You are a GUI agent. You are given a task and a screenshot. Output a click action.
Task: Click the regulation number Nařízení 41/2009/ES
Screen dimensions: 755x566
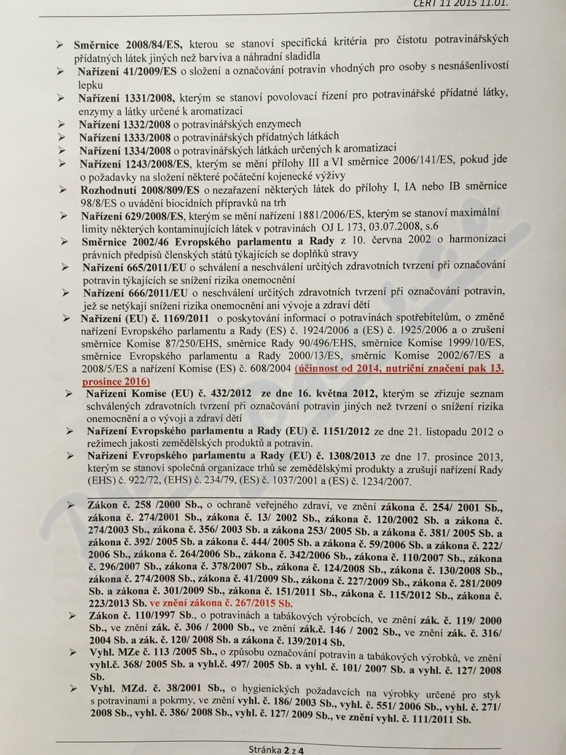tap(127, 73)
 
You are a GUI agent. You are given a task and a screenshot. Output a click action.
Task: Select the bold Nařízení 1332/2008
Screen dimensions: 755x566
tap(124, 125)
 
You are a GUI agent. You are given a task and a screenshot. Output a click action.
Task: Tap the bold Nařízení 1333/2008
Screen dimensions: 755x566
tap(125, 138)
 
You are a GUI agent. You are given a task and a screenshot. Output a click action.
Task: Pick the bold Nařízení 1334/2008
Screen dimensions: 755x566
tap(125, 151)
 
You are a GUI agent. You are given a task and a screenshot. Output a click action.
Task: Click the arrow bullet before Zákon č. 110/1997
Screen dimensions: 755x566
tap(70, 617)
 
